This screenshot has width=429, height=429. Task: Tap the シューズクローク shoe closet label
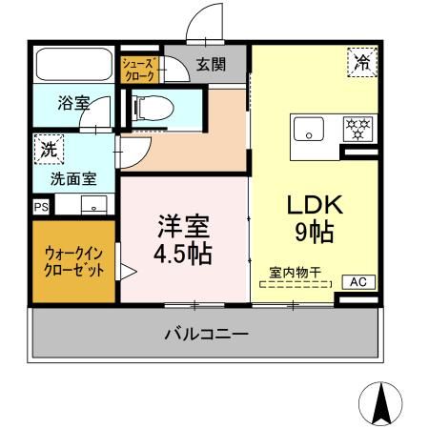tap(137, 68)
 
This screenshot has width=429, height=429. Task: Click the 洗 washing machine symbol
tap(47, 148)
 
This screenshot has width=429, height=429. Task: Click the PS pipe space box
tap(41, 205)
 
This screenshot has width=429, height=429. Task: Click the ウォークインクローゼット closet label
tap(73, 259)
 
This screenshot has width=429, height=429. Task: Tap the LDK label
tap(309, 205)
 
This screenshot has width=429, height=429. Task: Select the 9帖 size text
tap(310, 231)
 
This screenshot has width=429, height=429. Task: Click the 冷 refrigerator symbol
tap(361, 63)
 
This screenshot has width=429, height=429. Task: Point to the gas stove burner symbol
tap(357, 127)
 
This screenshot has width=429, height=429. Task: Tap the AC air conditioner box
tap(358, 281)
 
